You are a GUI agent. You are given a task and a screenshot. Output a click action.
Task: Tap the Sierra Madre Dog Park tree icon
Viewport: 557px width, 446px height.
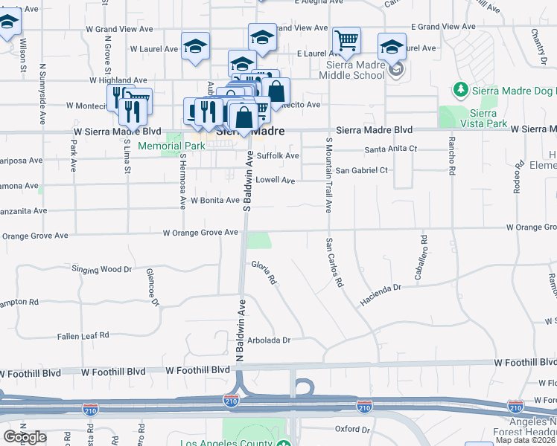pyautogui.click(x=461, y=90)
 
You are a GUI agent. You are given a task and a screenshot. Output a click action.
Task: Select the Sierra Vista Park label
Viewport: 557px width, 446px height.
pyautogui.click(x=478, y=118)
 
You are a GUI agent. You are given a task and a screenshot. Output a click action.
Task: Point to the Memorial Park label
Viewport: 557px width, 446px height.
pyautogui.click(x=171, y=146)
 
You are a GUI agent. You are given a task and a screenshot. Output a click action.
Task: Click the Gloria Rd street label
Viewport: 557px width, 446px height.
pyautogui.click(x=264, y=273)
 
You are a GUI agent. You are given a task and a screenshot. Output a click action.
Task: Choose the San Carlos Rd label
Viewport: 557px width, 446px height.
pyautogui.click(x=334, y=262)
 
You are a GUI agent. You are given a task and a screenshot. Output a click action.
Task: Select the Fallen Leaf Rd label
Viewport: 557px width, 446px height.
pyautogui.click(x=83, y=337)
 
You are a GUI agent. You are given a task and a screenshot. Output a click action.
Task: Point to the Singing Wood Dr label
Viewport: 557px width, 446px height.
pyautogui.click(x=101, y=268)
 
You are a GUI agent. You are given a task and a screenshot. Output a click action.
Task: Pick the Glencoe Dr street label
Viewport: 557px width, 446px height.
pyautogui.click(x=153, y=286)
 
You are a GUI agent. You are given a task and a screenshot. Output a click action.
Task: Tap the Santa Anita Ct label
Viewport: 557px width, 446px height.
pyautogui.click(x=390, y=149)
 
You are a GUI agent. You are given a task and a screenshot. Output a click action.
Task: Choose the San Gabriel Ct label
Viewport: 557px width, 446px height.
pyautogui.click(x=362, y=170)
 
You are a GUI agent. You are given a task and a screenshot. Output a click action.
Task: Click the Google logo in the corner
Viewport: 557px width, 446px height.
pyautogui.click(x=25, y=437)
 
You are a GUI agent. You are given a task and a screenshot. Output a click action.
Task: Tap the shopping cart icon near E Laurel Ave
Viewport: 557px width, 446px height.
pyautogui.click(x=346, y=40)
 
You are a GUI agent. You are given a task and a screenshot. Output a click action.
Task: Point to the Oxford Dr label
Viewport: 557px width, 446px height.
pyautogui.click(x=351, y=429)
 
